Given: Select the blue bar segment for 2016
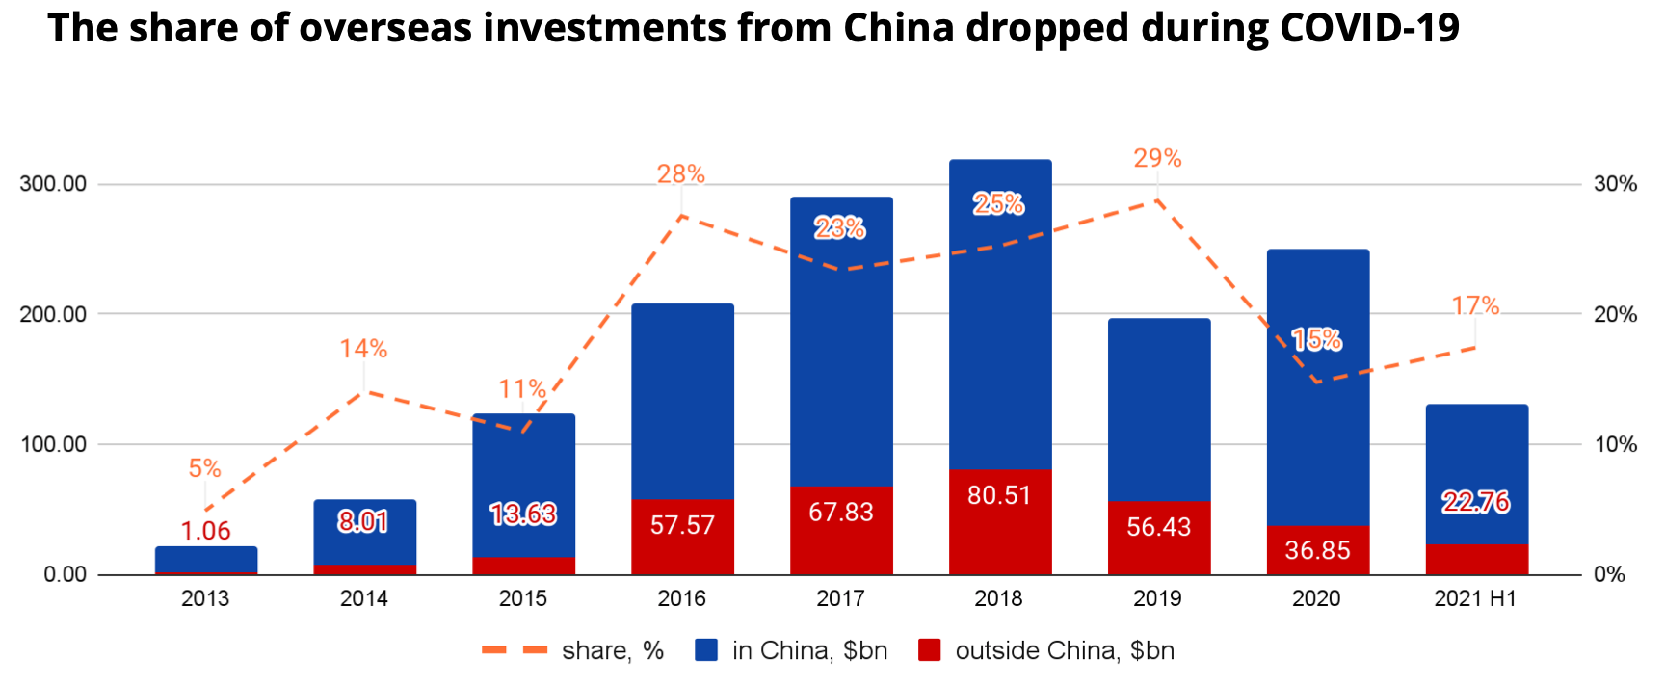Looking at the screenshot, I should pos(682,400).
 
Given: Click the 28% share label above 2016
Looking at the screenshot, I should pos(681,174).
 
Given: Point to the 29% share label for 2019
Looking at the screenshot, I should pos(1157,158).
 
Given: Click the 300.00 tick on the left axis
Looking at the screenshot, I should pos(53,184).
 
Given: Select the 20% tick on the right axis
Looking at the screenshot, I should pos(1615,314).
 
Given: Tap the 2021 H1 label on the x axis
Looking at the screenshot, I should pos(1475,599).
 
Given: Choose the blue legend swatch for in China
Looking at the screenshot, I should pos(707,650).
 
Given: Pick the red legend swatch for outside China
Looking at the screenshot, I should pos(929,650).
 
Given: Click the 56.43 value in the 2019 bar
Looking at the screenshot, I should pos(1158,527).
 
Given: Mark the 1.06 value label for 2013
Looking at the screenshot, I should pos(205,531).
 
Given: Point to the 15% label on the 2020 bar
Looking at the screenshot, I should pos(1317,339).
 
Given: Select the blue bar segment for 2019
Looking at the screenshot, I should pos(1158,409).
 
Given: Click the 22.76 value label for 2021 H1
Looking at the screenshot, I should pos(1475,502).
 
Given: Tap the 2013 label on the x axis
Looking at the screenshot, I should pos(205,599).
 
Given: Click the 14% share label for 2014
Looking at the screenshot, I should pos(363,349).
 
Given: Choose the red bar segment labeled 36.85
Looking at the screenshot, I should pos(1317,550).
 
